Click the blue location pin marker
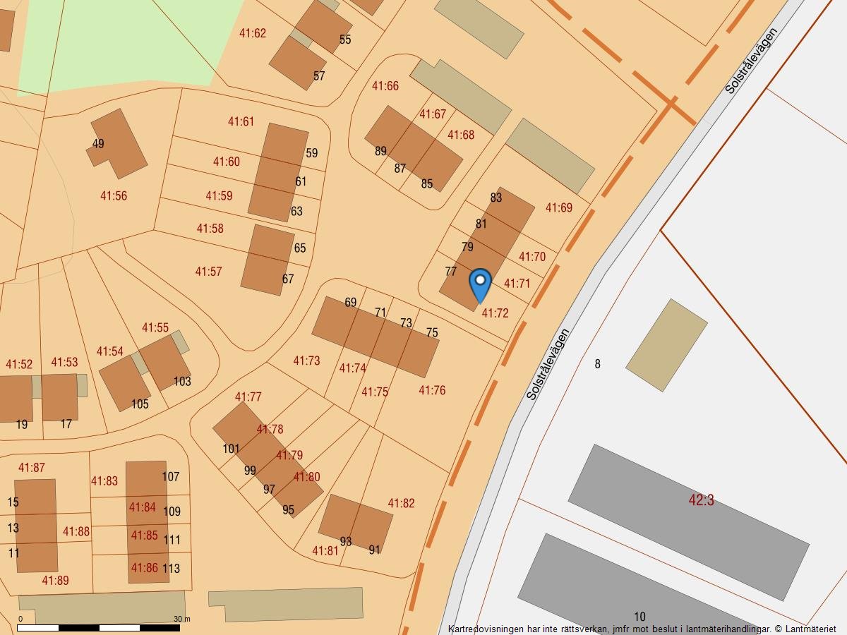[480, 284]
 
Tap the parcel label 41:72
[495, 313]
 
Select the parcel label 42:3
[701, 500]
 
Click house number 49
[98, 144]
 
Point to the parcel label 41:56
[114, 196]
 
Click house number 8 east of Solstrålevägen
[598, 364]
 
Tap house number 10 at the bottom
[639, 617]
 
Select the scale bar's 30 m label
[182, 619]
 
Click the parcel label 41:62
[253, 33]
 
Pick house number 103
[182, 382]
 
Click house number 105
[140, 404]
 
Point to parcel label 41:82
[401, 503]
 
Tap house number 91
[374, 550]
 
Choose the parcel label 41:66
[385, 86]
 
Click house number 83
[496, 198]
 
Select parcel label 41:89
[55, 581]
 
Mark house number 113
[171, 568]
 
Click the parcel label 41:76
[432, 390]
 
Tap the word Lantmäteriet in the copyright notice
[810, 629]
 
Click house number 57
[319, 76]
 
